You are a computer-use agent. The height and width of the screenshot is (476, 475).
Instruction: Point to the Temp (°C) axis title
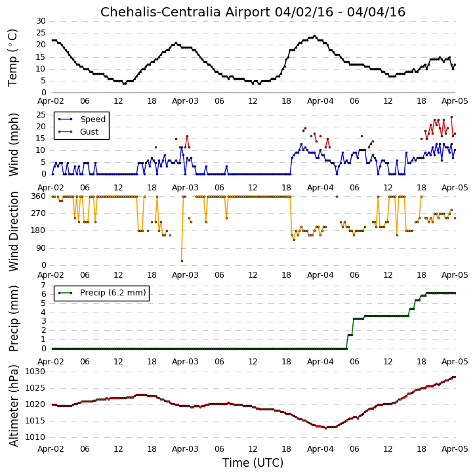12,58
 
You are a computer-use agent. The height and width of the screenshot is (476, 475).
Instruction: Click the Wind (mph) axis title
13,144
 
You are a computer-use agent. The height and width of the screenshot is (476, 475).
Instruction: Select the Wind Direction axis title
13,231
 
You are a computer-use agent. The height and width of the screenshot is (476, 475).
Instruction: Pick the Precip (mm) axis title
13,318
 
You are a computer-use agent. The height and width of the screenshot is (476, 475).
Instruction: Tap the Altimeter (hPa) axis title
13,406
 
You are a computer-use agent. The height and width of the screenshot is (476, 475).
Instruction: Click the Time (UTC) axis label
253,463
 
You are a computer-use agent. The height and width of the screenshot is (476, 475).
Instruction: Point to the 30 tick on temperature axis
41,21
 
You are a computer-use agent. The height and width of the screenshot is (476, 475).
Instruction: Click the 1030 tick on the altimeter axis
35,372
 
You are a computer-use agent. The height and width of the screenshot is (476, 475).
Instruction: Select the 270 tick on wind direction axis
39,213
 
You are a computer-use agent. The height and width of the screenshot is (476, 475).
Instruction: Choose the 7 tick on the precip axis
43,286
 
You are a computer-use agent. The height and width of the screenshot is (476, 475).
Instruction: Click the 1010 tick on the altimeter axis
35,437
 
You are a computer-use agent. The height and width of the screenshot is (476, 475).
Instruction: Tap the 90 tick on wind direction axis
41,248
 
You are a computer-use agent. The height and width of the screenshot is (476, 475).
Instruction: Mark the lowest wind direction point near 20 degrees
182,261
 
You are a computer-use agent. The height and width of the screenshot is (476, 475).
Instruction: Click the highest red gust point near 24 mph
451,117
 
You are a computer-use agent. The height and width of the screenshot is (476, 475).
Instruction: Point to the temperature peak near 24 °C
314,36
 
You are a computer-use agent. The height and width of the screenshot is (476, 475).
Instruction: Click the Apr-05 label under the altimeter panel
455,448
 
